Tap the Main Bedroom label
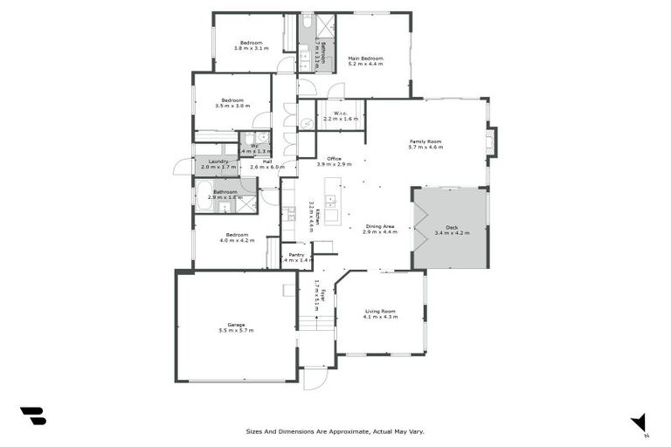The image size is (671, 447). click(365, 58)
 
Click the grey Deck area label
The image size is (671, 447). click(452, 227)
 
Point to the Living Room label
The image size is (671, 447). click(380, 312)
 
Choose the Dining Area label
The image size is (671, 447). click(380, 227)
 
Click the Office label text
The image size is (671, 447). click(334, 158)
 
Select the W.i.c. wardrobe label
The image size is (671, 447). click(341, 113)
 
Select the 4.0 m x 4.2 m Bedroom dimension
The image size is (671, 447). click(237, 239)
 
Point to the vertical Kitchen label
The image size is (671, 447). click(314, 215)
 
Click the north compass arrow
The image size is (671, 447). click(640, 422)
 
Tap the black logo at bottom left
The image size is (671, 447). click(32, 416)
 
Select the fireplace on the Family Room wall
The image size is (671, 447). click(491, 141)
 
